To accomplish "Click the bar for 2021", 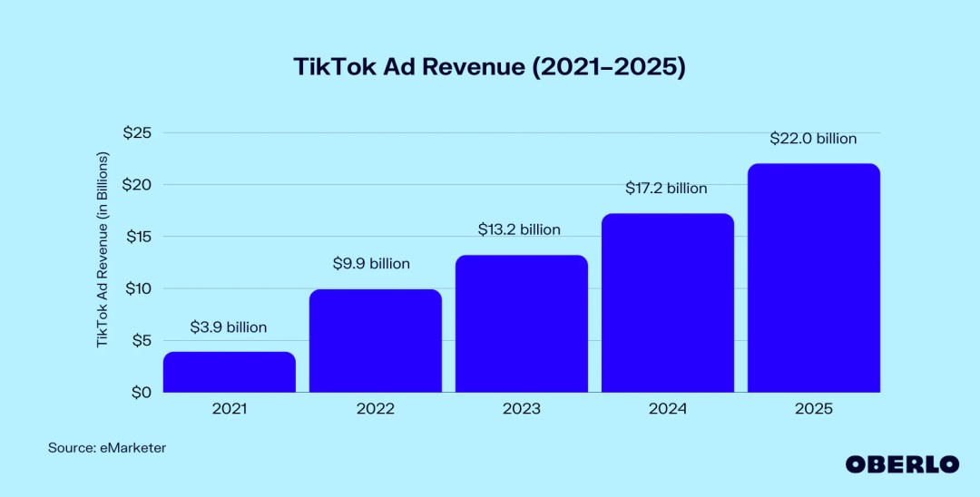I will pos(230,373).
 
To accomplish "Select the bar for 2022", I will pos(376,341).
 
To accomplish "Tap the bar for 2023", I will pos(522,324).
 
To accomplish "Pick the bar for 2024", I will pos(667,303).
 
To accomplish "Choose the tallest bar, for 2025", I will pos(813,278).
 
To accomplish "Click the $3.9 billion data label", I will pos(229,327).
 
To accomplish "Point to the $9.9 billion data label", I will pos(372,264).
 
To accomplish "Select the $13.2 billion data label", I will pos(519,229).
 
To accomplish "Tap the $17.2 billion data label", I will pos(666,189).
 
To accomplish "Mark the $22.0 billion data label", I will pos(813,139).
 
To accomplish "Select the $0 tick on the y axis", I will pos(141,393).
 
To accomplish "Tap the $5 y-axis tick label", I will pos(141,341).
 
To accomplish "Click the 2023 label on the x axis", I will pos(521,409).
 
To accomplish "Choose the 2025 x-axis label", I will pos(813,409).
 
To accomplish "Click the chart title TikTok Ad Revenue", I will pos(489,67).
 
